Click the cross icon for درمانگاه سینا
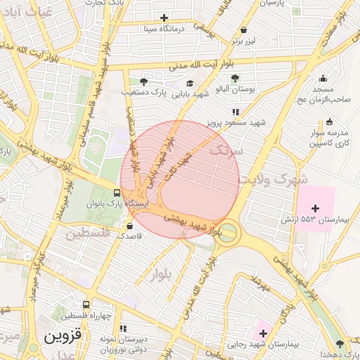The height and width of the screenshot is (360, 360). coord(165,18)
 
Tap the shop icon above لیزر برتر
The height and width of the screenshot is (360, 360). coord(244,30)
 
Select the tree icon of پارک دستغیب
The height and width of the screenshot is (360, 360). coord(144,82)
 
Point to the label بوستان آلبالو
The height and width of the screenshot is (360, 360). coord(234,89)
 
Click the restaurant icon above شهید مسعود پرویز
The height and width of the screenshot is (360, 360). coord(235,111)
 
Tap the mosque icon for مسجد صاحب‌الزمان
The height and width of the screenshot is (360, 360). coord(323,79)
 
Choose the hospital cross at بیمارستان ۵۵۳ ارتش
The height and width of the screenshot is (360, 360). coord(314,208)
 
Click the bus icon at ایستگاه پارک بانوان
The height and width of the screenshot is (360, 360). coord(117,193)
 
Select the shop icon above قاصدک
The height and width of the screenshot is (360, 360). coord(129,226)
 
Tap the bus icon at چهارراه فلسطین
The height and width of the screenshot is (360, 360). coord(86,305)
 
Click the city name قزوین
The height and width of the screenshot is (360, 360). coord(63,336)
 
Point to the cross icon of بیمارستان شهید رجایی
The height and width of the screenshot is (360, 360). coord(263,333)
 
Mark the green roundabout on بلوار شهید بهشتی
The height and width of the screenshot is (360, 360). coord(226,234)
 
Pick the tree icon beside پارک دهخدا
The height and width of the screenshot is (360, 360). coord(340,344)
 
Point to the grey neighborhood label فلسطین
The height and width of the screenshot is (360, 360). coord(94,233)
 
